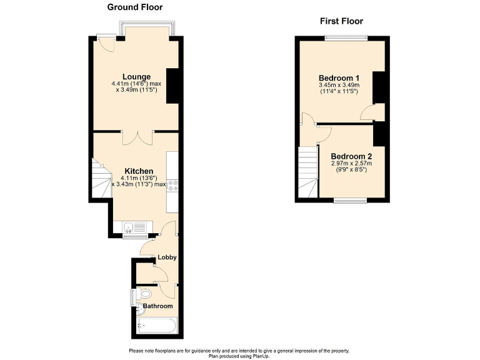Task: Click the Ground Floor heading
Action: coord(135,7)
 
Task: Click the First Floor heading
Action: coord(341,21)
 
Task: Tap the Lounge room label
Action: coord(136,77)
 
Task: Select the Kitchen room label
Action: coord(139,171)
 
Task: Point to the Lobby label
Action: coord(166,257)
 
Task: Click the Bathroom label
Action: coord(157,306)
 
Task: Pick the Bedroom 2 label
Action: coord(351,156)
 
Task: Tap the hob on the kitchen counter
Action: coord(172,184)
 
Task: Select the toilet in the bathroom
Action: coord(144,294)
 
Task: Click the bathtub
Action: coord(157,325)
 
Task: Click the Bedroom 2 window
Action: coord(350,200)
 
